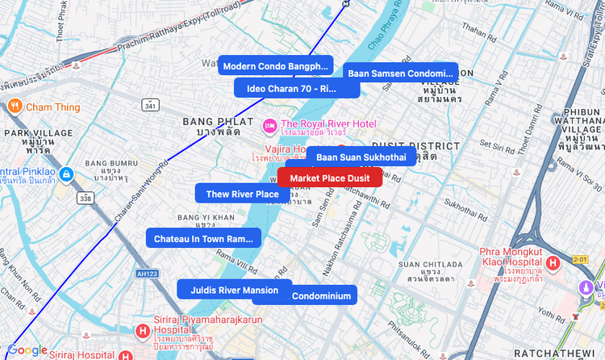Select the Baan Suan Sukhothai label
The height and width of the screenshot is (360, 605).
click(x=361, y=157)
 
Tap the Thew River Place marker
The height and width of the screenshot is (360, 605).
click(x=242, y=194)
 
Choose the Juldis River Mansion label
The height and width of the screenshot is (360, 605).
click(x=234, y=290)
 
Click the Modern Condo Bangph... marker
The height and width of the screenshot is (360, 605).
click(x=276, y=66)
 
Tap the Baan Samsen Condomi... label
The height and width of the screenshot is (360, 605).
click(x=400, y=73)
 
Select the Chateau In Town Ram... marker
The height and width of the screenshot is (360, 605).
click(x=203, y=239)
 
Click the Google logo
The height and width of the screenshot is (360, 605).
click(x=27, y=350)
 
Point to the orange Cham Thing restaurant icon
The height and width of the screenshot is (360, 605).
click(x=15, y=107)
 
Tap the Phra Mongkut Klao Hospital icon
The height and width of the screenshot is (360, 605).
click(x=553, y=263)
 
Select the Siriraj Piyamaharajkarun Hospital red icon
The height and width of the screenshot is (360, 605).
click(x=143, y=331)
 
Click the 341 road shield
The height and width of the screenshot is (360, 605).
click(x=150, y=106)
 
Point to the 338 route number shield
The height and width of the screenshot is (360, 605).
click(x=86, y=197)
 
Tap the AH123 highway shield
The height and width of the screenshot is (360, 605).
click(x=147, y=274)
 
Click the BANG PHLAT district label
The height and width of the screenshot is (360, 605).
click(x=213, y=121)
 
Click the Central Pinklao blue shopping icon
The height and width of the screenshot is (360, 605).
click(x=67, y=173)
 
